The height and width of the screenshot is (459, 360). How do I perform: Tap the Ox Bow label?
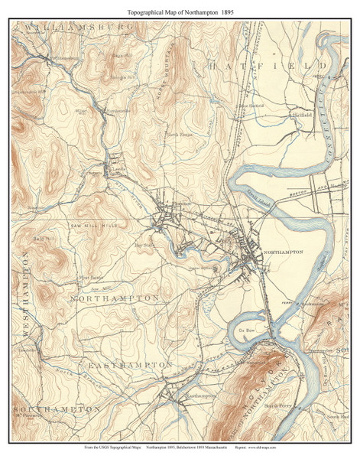click(246, 330)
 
